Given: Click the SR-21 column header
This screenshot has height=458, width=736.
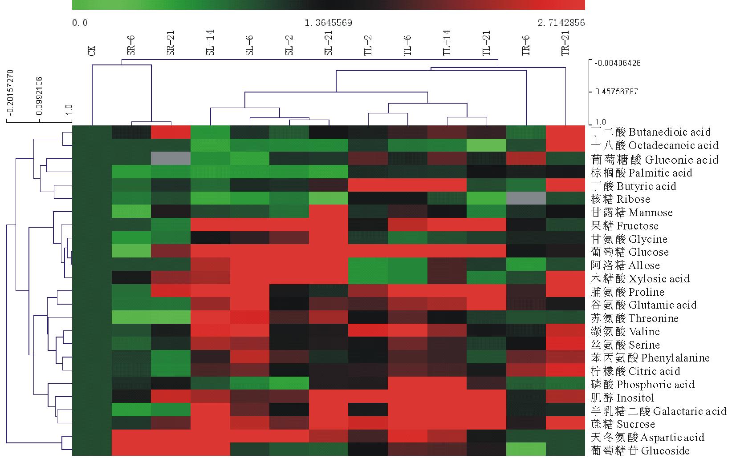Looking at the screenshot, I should [x=171, y=43].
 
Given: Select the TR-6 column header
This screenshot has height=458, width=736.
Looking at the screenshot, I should [x=526, y=43].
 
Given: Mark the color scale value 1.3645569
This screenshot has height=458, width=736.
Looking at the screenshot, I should [x=328, y=23].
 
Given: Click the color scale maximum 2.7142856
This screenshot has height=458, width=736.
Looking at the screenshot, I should [x=561, y=23].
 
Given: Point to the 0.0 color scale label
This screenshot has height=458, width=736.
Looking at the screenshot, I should [x=80, y=23].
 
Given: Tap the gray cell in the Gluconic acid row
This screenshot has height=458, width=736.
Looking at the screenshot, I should [x=171, y=159].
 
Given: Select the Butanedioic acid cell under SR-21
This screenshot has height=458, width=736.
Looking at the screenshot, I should [x=171, y=132].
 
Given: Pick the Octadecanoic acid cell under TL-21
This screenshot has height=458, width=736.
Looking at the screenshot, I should [x=487, y=145].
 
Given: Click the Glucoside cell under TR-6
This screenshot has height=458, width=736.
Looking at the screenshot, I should [x=526, y=450].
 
